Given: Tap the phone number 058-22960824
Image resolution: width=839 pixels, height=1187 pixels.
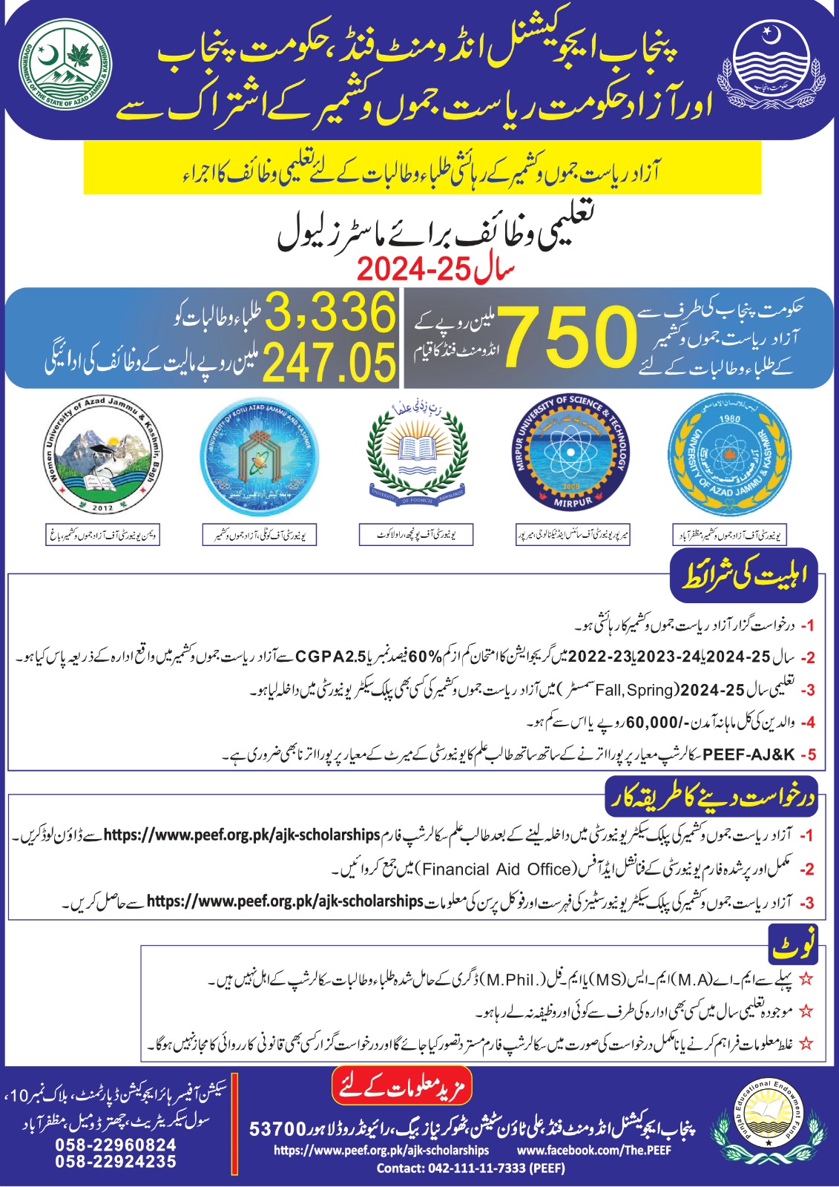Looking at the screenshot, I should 116,1145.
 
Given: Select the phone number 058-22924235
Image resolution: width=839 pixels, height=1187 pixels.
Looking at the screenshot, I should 116,1162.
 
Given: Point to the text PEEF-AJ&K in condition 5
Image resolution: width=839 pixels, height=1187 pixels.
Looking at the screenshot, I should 748,755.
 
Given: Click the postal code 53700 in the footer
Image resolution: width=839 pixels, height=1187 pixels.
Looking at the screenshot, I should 277,1129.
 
